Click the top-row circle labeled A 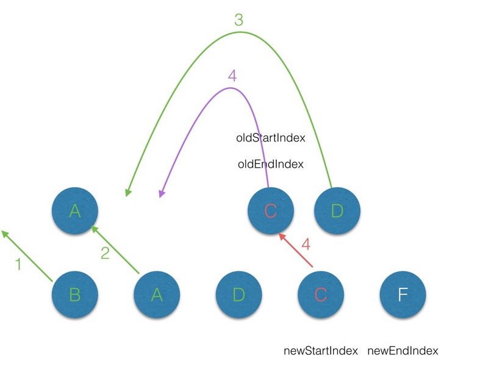75,211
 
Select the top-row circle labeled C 271,211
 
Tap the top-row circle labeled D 337,211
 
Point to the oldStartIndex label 270,138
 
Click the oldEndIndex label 270,164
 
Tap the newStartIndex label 321,351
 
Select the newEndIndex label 403,351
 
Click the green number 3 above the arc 239,20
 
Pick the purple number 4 231,76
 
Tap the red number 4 306,245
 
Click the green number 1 18,265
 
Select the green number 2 105,253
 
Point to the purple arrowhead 162,193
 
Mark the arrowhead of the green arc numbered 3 128,192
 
